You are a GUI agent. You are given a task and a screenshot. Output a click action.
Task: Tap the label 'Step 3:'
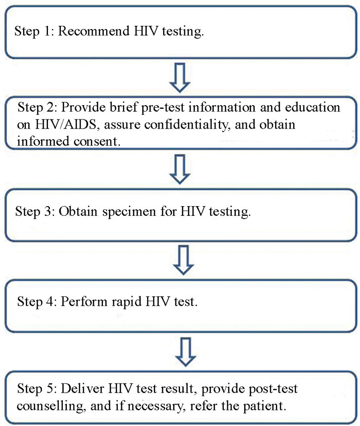click(34, 213)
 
